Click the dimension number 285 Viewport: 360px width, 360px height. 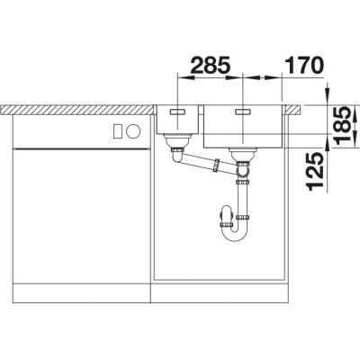pos(210,65)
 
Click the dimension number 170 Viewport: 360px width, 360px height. pos(303,65)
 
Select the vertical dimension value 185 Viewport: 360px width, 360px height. pos(343,125)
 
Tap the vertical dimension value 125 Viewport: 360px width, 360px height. pos(315,171)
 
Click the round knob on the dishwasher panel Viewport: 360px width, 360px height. pos(133,131)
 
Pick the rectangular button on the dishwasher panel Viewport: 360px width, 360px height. pos(118,131)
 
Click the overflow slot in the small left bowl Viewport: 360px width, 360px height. pos(178,112)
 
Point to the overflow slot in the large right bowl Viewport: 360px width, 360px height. pos(243,112)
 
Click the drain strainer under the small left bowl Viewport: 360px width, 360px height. pos(177,140)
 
